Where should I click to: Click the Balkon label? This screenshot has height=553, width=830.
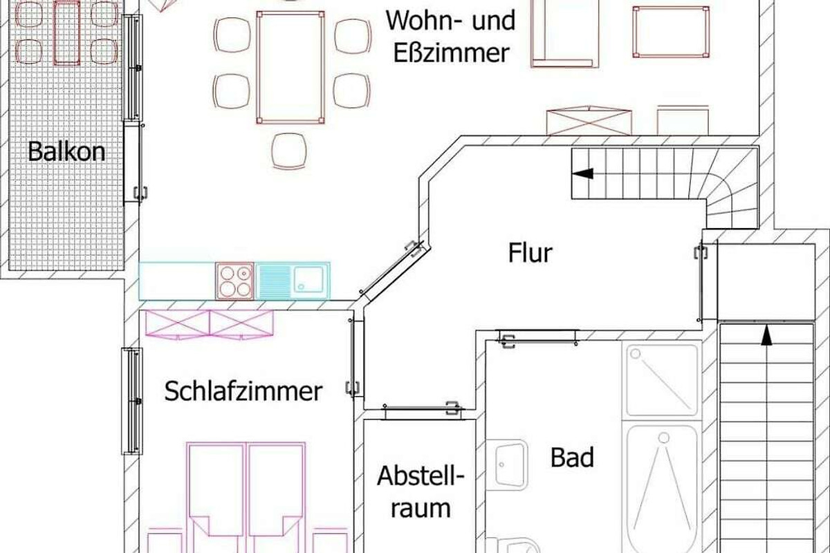click(66, 151)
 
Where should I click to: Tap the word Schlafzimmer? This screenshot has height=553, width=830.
click(243, 391)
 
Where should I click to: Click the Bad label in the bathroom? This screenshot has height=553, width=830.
click(572, 457)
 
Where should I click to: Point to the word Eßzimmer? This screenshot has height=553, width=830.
click(451, 53)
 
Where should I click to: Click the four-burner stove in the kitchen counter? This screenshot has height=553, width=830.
click(235, 281)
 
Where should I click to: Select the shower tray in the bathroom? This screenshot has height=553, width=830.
click(662, 380)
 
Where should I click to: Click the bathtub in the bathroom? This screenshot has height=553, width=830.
click(662, 489)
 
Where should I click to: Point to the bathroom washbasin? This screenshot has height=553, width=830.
click(506, 465)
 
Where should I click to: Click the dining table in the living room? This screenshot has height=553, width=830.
click(290, 68)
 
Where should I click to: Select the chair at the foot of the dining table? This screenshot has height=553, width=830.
click(289, 151)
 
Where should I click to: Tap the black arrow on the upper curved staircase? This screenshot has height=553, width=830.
click(583, 174)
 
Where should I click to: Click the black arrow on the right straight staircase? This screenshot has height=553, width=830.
click(766, 335)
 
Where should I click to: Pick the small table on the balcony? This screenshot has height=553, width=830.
click(66, 32)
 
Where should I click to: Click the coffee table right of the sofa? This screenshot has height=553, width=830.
click(671, 32)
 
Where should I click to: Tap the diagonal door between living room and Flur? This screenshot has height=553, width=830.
click(391, 270)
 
